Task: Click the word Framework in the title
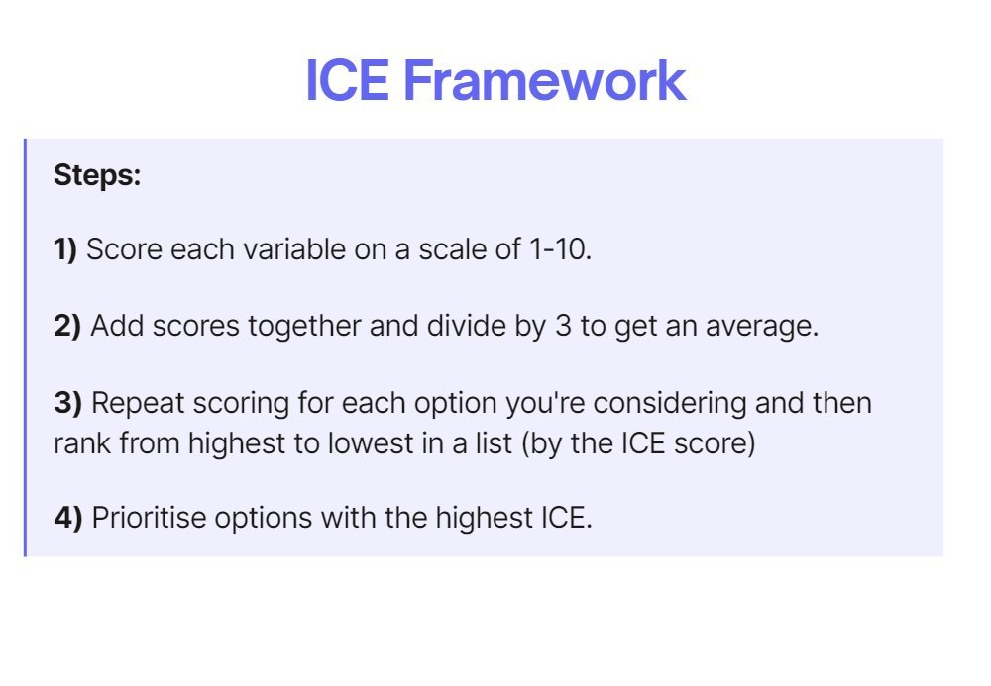click(544, 81)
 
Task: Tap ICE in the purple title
click(347, 81)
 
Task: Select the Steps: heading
click(97, 176)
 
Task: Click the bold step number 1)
click(65, 249)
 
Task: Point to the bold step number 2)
click(67, 326)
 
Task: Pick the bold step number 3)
click(67, 403)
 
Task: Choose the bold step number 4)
click(67, 517)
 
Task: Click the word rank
click(82, 441)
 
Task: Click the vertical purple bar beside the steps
click(25, 346)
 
